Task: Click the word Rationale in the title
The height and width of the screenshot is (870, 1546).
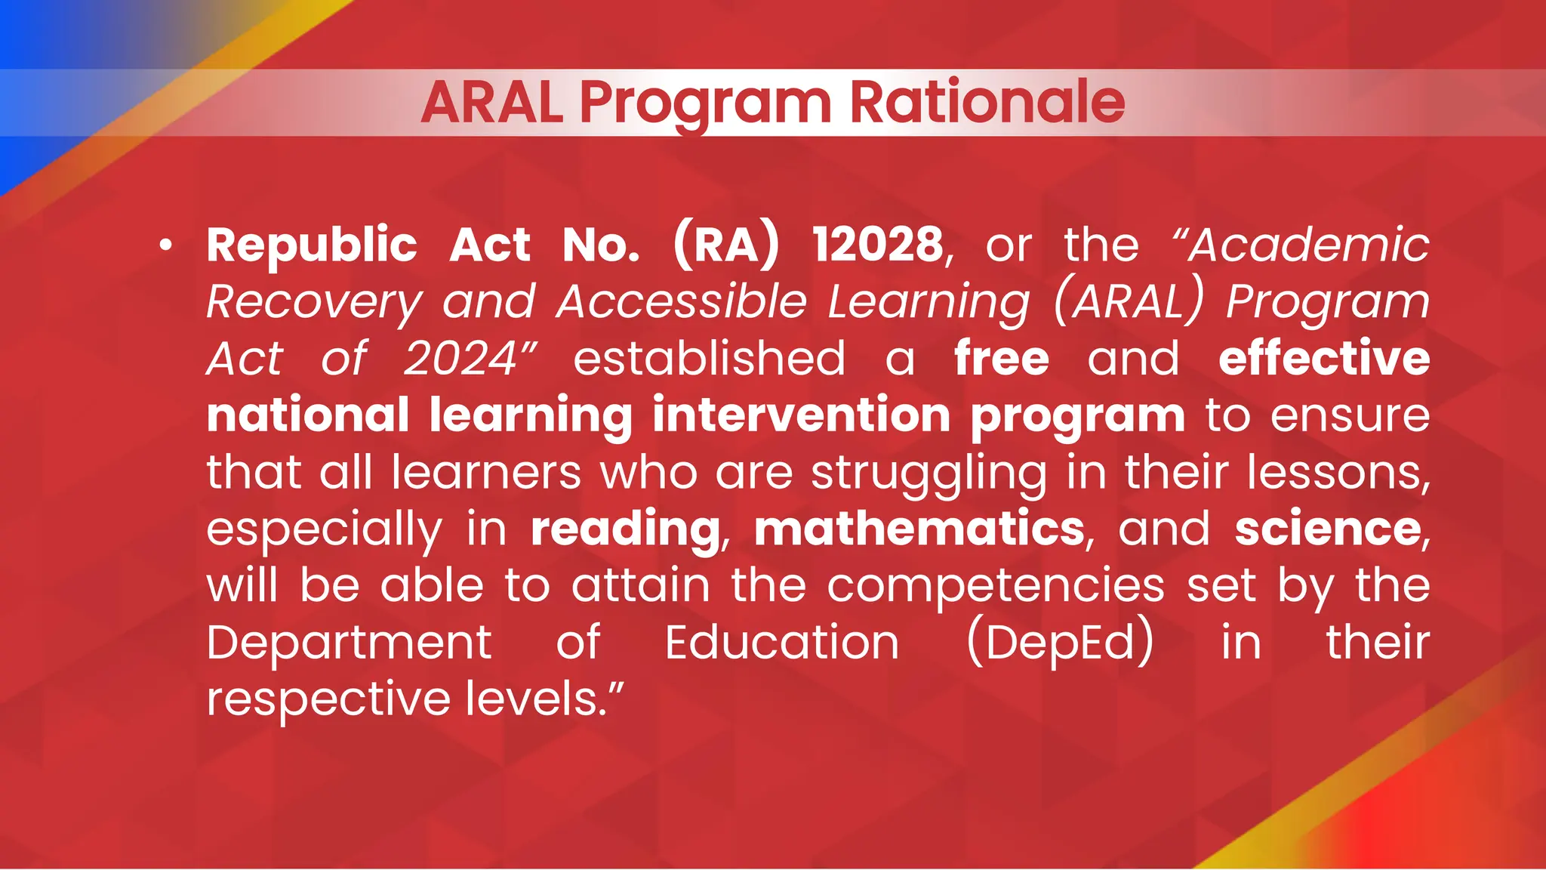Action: [987, 102]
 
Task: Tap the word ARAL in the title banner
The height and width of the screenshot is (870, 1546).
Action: [492, 102]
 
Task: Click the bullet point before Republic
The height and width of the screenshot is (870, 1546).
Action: [166, 245]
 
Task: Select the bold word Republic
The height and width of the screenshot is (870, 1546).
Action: [312, 245]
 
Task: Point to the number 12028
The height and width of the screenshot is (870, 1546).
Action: [877, 245]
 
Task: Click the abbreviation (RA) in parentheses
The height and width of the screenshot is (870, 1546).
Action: [725, 245]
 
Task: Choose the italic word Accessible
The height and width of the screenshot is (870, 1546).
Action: [682, 302]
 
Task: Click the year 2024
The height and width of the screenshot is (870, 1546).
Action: [460, 359]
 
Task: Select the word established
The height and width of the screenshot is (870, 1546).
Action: [709, 359]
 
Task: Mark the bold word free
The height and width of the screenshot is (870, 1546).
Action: [1001, 359]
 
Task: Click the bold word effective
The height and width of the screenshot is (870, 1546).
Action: [1324, 359]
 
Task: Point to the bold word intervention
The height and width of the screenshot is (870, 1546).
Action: [801, 415]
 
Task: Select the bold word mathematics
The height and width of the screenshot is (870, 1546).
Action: [919, 529]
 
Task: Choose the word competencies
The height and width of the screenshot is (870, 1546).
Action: [996, 586]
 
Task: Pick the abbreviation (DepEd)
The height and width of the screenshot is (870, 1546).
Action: [1060, 643]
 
